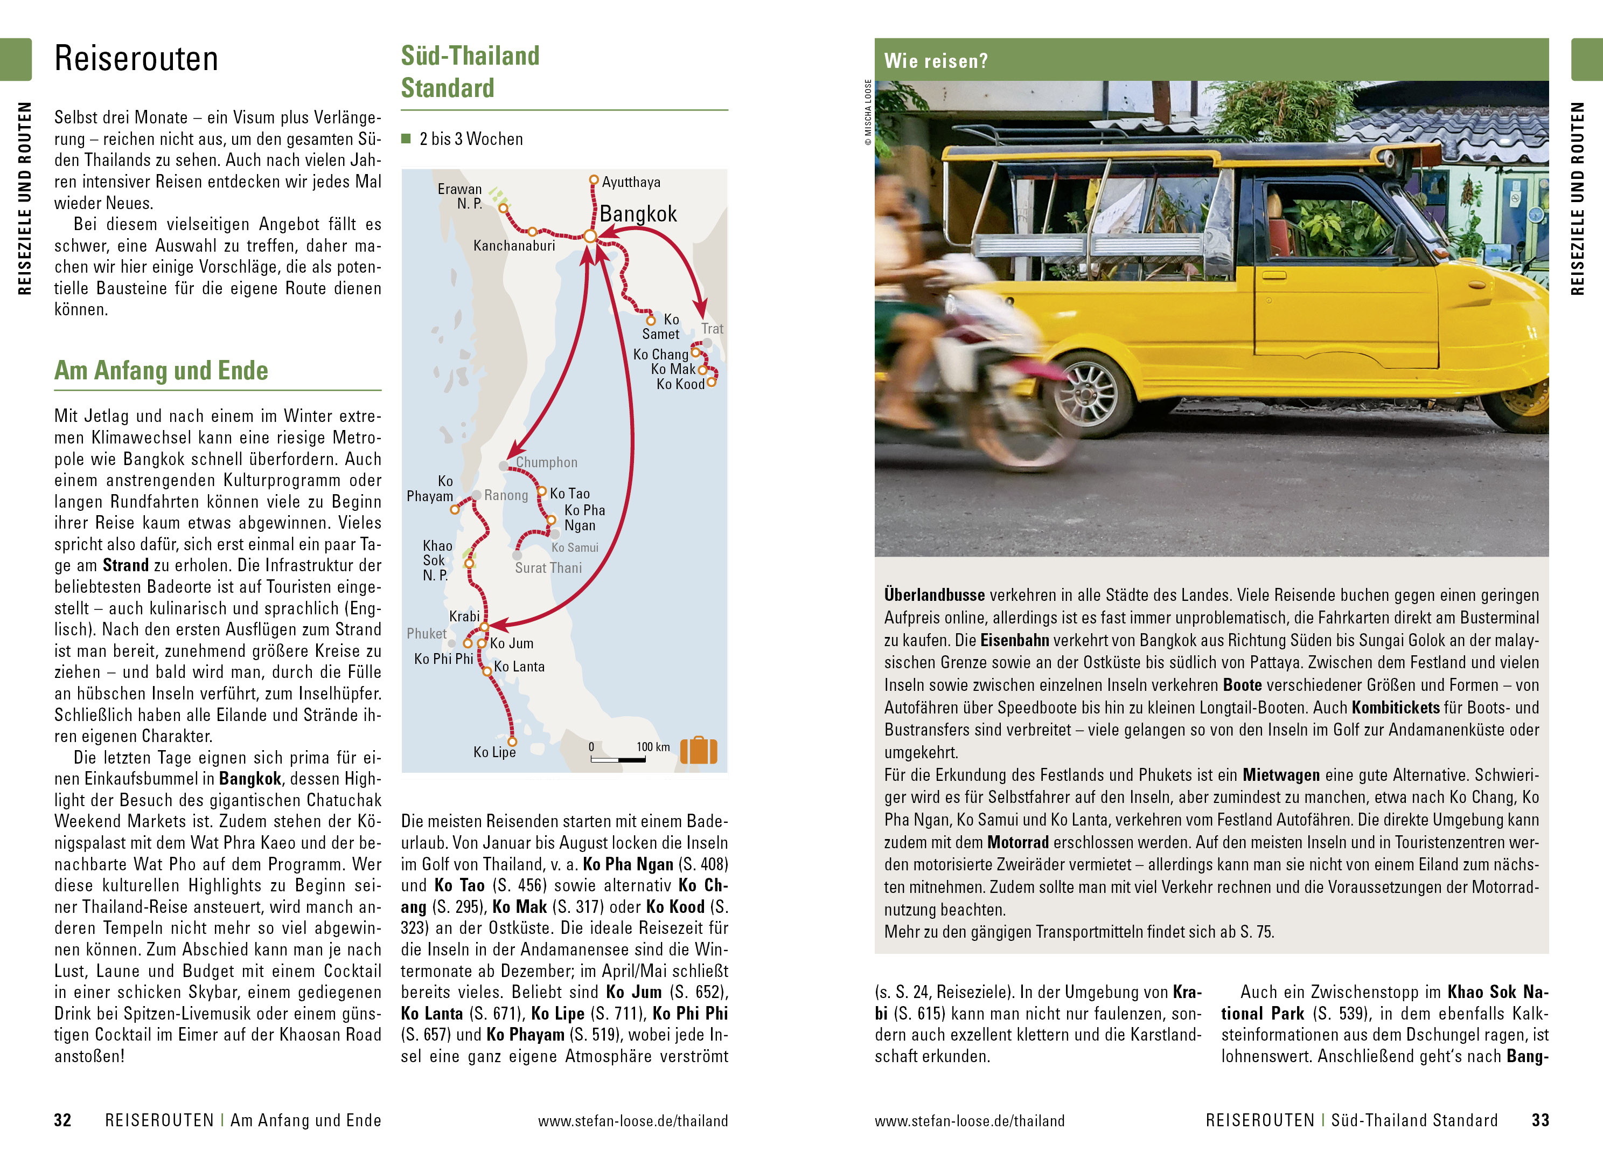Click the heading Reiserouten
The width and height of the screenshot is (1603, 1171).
point(136,59)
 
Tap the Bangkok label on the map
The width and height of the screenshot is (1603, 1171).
point(638,214)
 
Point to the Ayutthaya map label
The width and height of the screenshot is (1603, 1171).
point(630,182)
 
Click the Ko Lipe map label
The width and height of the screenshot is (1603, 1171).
point(494,752)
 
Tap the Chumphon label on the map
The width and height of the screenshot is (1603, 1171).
point(546,463)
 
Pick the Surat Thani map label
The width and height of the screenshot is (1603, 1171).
point(548,568)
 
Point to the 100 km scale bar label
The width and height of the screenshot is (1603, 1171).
point(652,747)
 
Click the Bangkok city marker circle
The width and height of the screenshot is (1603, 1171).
point(589,236)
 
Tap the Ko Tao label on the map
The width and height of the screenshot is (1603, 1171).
point(569,494)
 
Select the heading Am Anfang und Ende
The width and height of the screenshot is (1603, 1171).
point(161,371)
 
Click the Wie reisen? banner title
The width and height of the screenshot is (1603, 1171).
point(935,61)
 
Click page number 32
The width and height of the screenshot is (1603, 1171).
point(62,1120)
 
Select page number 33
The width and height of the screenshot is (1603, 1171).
point(1540,1120)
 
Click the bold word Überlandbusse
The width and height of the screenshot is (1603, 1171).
point(933,595)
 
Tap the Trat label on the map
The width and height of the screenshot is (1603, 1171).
point(712,329)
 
